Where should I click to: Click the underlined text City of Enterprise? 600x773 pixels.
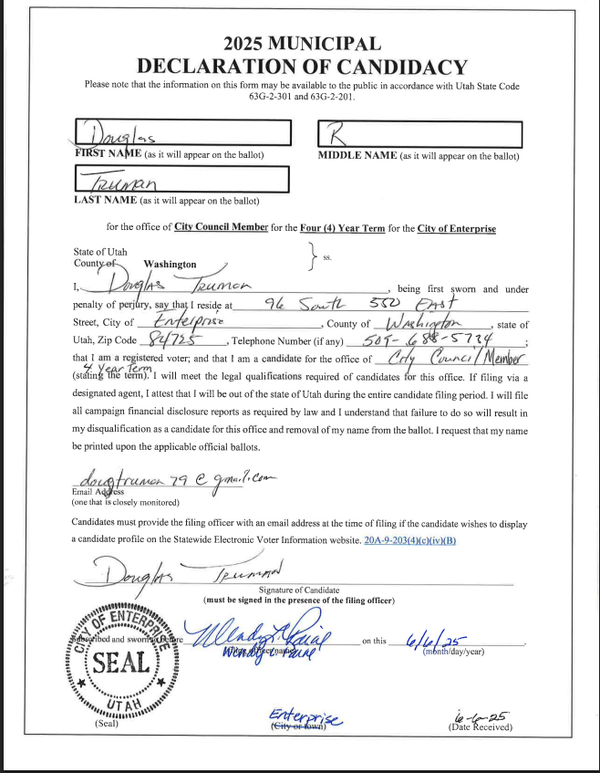click(x=456, y=227)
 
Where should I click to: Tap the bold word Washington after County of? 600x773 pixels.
click(x=170, y=264)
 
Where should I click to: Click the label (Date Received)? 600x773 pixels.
click(x=480, y=727)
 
